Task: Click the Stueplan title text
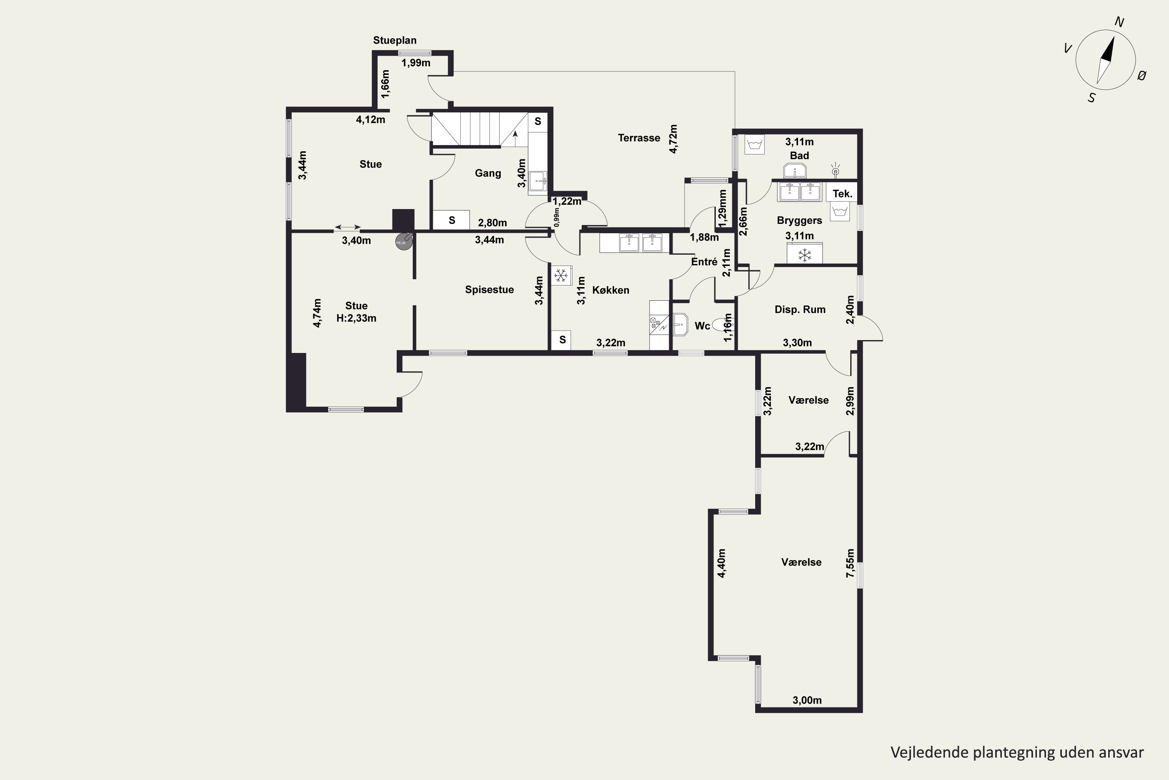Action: tap(395, 40)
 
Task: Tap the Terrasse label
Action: tap(639, 138)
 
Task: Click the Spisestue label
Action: tap(489, 289)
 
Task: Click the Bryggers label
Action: tap(799, 220)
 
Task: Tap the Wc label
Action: tap(702, 326)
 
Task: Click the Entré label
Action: tap(704, 262)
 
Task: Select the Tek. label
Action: tap(842, 194)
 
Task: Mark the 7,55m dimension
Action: tap(850, 563)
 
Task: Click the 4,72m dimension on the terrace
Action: tap(673, 139)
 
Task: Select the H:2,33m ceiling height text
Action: tap(357, 318)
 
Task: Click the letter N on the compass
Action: tap(1120, 22)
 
